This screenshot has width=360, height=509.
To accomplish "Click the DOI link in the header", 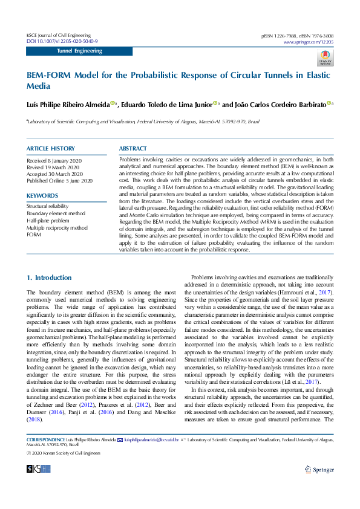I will [62, 41].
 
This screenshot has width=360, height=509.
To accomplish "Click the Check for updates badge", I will [326, 58].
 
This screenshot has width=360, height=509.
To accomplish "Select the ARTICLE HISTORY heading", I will [51, 148].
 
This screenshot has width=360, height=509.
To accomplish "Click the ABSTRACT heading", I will [133, 148].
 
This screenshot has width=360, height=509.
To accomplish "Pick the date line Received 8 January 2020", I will [54, 161].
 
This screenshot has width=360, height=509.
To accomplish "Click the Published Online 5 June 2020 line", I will [59, 181].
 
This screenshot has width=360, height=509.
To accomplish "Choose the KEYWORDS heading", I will [42, 195].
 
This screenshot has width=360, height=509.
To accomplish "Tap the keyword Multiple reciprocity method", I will [57, 228].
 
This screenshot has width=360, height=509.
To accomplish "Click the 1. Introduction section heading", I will [49, 277].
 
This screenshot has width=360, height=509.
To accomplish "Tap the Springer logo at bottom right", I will [319, 468].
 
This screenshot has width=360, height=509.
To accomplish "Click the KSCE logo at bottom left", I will [38, 468].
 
